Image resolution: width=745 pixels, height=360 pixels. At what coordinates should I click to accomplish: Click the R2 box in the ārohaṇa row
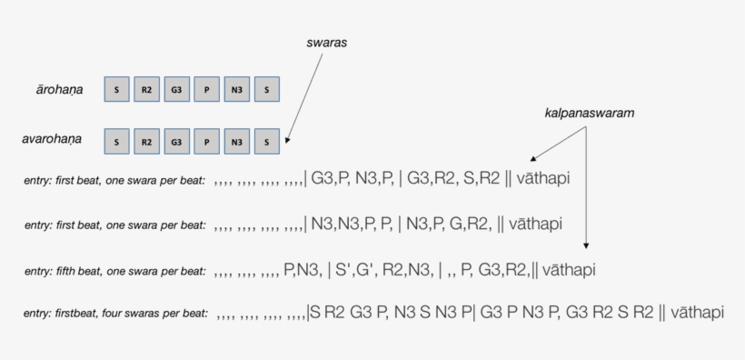click(x=146, y=89)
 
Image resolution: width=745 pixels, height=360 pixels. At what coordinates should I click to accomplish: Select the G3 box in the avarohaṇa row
click(x=176, y=141)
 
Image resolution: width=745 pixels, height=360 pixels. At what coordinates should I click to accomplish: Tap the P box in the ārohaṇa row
click(x=206, y=89)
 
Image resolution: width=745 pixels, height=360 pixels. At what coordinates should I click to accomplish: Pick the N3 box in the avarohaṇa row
click(x=236, y=141)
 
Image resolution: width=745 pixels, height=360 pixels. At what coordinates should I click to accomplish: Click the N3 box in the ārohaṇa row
click(x=236, y=89)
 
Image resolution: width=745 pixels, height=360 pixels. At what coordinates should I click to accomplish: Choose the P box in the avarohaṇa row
click(x=206, y=141)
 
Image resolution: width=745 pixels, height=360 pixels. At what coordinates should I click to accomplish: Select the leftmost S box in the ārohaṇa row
click(x=116, y=89)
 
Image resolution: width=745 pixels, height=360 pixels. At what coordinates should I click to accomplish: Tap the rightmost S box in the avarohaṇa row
click(x=266, y=141)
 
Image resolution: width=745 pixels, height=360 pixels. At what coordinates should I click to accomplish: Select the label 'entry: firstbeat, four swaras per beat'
click(x=117, y=314)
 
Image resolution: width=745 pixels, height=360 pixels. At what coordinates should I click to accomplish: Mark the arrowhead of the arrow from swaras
click(x=288, y=142)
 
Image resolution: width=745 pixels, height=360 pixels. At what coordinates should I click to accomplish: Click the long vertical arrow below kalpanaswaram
click(x=587, y=191)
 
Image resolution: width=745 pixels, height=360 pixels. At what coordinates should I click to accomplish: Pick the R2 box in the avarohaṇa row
click(x=146, y=141)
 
